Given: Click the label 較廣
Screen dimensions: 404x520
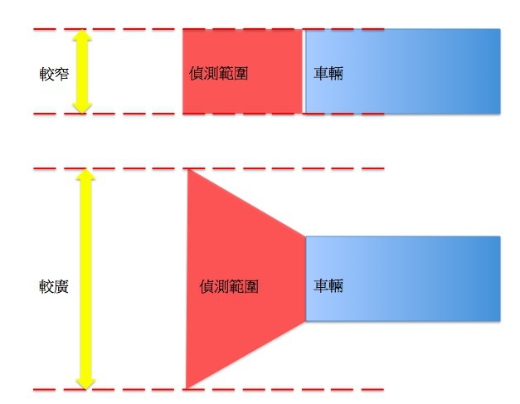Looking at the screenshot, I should pos(52,286).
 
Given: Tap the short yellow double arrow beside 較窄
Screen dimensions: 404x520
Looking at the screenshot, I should pos(80,72).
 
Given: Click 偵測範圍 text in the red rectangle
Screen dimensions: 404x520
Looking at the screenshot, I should pos(218,74).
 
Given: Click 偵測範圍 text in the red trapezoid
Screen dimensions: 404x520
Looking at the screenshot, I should pos(230,286).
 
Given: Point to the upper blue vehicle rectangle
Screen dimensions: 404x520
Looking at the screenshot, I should pos(415,71).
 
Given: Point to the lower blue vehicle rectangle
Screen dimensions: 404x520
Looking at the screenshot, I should pos(415,279).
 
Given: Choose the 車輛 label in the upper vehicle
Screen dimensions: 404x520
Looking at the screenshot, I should pos(328,74).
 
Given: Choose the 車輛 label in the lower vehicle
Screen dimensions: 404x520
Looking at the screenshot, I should pos(328,286).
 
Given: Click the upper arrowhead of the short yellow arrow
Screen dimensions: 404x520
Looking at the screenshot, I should pos(80,38).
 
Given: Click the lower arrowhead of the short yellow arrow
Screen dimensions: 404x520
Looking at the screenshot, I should pos(80,105).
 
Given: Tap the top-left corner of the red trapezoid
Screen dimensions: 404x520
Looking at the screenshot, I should pos(189,170).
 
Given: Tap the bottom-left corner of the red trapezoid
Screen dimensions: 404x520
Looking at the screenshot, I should pos(187,387).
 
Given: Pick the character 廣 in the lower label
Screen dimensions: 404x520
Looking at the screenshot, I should pos(61,286).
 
